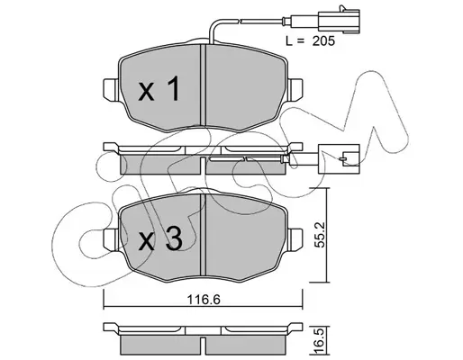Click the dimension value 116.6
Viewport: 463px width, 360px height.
point(204,300)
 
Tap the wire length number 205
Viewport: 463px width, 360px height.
point(323,41)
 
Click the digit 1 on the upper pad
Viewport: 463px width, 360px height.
point(173,88)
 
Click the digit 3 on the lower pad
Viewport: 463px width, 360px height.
point(175,238)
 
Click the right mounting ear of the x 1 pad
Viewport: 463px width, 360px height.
point(295,89)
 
